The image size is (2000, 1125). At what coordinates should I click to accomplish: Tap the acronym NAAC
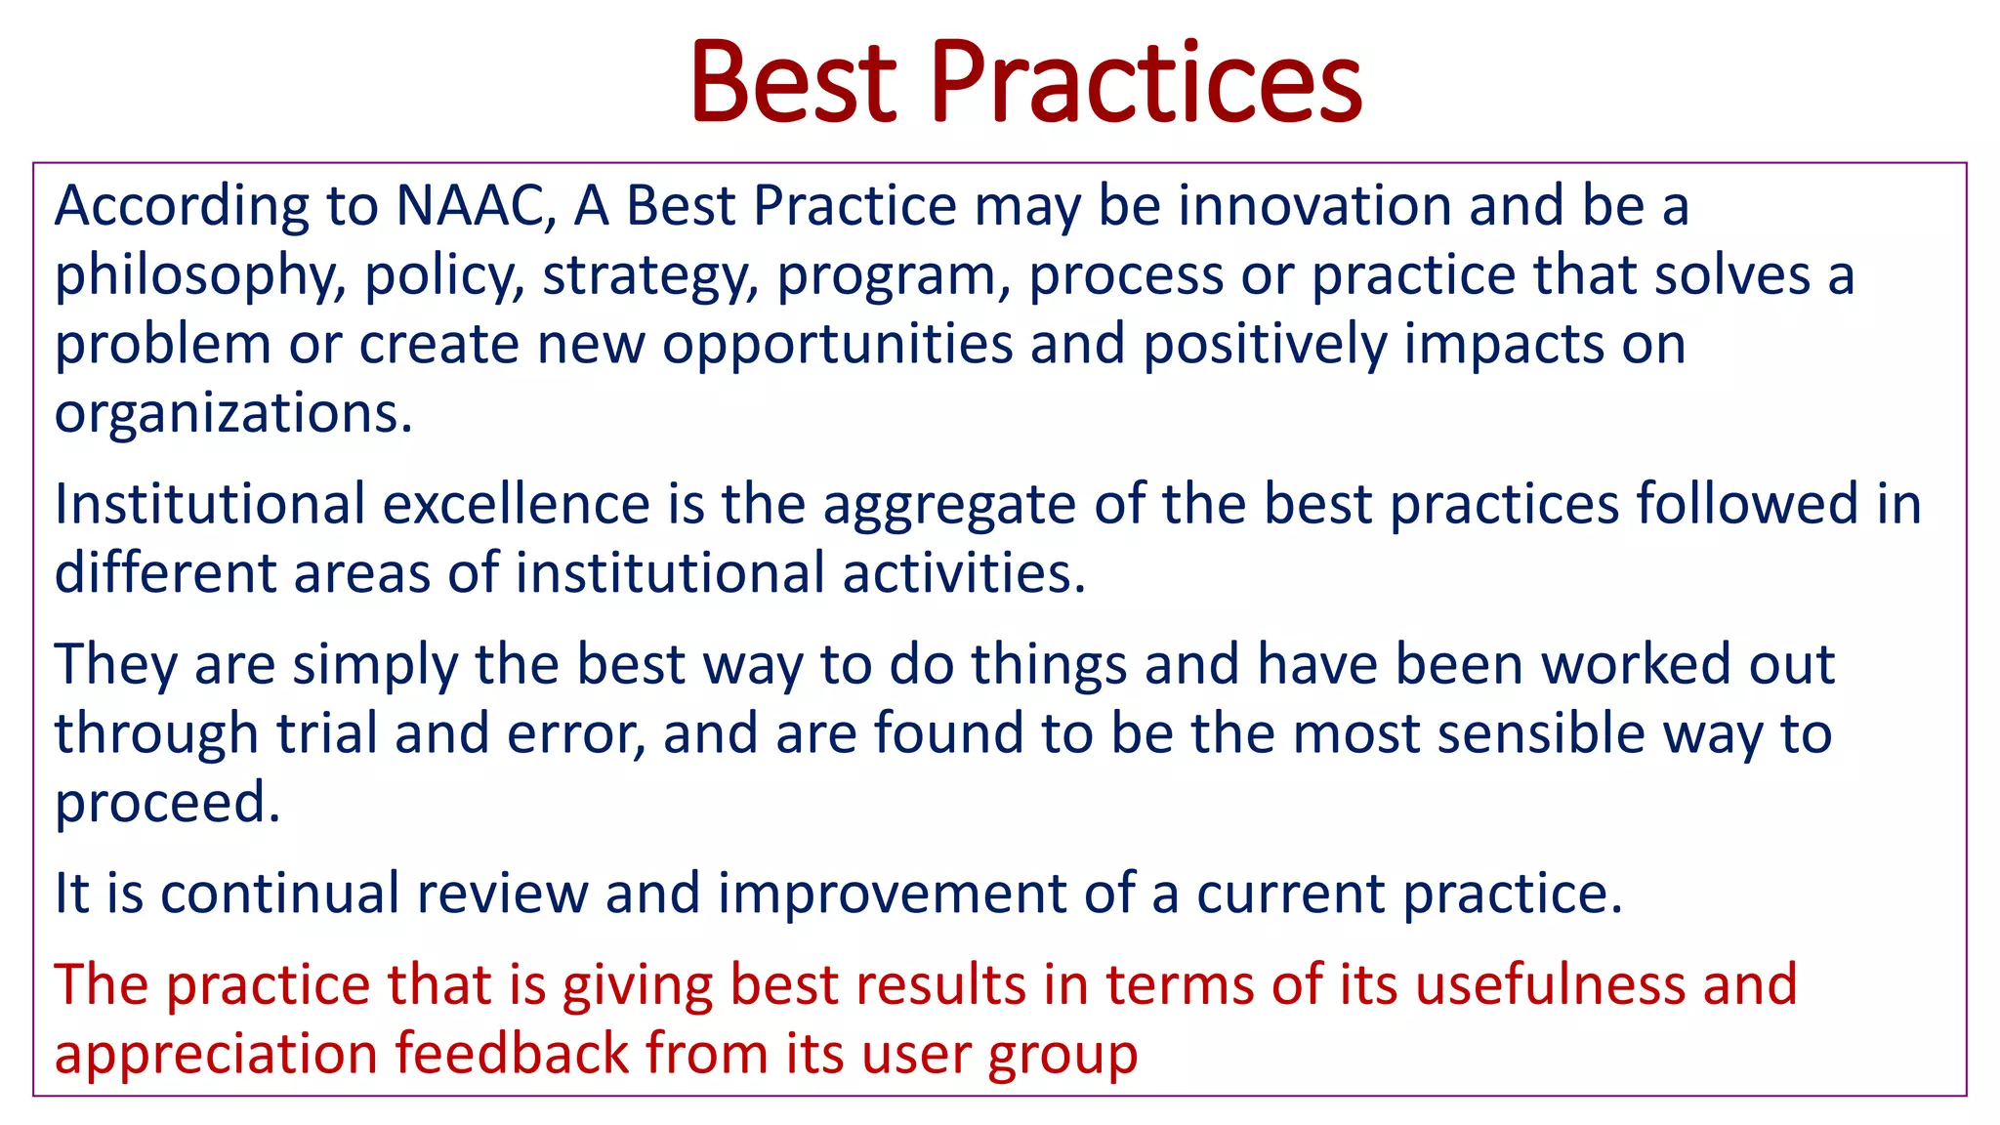click(x=477, y=206)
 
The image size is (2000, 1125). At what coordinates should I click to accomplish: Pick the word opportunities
click(x=838, y=346)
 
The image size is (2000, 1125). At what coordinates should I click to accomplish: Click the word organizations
click(x=233, y=414)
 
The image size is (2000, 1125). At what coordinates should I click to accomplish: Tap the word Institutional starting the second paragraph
click(x=209, y=505)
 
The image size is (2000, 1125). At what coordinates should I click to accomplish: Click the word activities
click(x=964, y=573)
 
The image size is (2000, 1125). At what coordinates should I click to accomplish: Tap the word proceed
click(x=167, y=804)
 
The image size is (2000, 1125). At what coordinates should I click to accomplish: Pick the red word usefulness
click(x=1550, y=983)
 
